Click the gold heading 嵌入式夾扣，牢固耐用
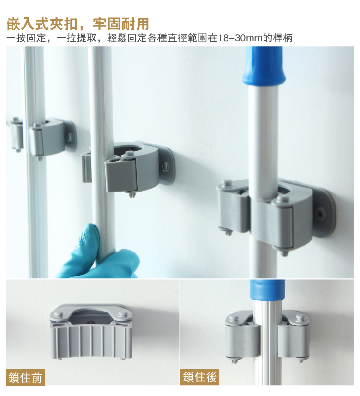click(x=78, y=24)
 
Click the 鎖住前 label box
click(x=25, y=378)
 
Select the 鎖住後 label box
click(x=200, y=377)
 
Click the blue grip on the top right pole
click(x=264, y=68)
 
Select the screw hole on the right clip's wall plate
click(x=321, y=214)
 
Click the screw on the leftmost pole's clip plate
click(x=69, y=137)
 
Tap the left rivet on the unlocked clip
click(x=60, y=314)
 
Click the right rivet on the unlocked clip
click(x=123, y=314)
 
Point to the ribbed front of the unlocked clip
click(x=92, y=340)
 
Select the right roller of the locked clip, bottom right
click(x=294, y=340)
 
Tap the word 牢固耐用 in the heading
click(x=121, y=24)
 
